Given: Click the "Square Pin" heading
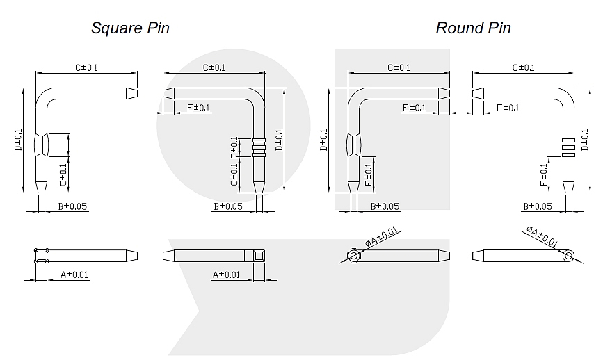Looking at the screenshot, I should [x=131, y=28].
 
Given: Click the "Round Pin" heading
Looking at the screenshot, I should [x=473, y=28].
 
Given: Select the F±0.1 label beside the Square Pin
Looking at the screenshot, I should [x=234, y=148].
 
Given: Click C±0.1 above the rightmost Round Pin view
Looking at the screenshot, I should [x=523, y=67].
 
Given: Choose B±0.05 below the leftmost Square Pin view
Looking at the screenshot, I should [x=73, y=206].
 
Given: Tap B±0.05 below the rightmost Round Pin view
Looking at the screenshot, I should [x=537, y=206].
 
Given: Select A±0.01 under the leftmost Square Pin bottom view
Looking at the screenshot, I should [x=74, y=275].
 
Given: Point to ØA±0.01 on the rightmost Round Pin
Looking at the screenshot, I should [x=541, y=236].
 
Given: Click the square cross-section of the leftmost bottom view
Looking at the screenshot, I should [x=41, y=256].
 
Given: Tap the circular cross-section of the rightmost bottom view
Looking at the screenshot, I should [x=569, y=256].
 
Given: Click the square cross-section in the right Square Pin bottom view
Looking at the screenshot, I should [x=259, y=256].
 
